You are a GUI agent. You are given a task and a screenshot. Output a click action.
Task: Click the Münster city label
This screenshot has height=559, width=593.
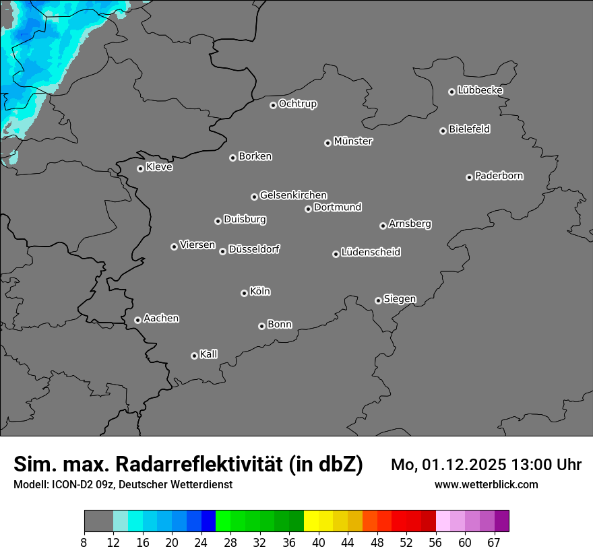[x=353, y=141]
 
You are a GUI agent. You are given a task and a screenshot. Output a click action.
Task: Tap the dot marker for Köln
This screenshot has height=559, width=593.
[x=244, y=293]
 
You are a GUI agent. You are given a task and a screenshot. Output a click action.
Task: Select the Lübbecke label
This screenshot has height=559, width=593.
[x=480, y=90]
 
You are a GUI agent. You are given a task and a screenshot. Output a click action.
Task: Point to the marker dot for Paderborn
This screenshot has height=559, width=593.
[x=469, y=177]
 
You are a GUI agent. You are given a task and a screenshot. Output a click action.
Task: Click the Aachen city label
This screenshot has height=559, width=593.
[x=161, y=319]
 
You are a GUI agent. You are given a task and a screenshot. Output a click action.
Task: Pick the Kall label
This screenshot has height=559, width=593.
[x=209, y=354]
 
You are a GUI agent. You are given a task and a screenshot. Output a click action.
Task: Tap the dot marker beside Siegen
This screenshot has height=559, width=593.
[x=378, y=300]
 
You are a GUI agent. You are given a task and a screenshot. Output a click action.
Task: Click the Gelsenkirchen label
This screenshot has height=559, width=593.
[x=293, y=195]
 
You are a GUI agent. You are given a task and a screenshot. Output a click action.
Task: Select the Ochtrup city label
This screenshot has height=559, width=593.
[x=298, y=104]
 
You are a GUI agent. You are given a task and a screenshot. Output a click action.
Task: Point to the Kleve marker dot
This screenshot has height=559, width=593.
[x=140, y=168]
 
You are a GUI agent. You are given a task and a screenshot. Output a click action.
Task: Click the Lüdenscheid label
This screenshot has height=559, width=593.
[x=371, y=253]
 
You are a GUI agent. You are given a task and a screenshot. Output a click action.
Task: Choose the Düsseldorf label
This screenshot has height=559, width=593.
[x=254, y=249]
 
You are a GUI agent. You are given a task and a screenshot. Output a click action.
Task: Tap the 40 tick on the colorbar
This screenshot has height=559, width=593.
[x=319, y=543]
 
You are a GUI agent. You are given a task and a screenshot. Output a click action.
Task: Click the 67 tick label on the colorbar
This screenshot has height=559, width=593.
[x=494, y=543]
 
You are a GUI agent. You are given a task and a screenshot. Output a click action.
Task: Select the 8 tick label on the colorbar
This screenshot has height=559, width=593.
[x=84, y=543]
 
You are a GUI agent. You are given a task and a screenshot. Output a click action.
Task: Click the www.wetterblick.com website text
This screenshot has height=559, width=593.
[x=486, y=484]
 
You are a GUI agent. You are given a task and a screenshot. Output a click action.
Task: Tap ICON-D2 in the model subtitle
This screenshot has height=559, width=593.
[x=71, y=484]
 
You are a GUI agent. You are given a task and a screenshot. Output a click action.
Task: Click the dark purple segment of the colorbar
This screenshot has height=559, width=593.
[x=502, y=521]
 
